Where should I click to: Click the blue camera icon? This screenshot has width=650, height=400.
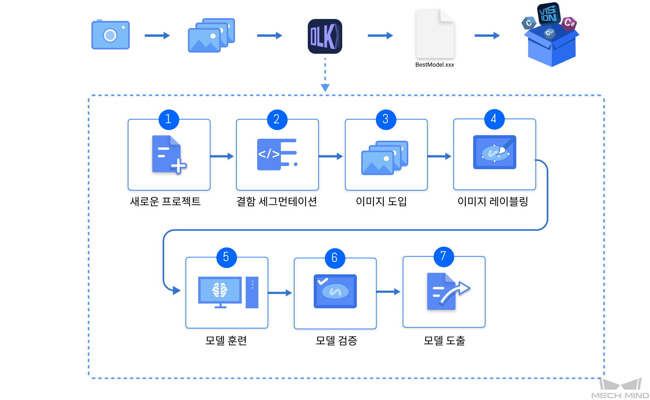coord(110,35)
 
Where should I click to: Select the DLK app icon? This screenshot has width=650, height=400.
coord(325,36)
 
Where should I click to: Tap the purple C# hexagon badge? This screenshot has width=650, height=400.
coord(569,23)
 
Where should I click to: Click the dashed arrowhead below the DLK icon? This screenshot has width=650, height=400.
coord(325,87)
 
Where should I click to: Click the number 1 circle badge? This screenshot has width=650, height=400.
coord(169,119)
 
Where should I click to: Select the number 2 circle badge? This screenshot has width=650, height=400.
coord(277,119)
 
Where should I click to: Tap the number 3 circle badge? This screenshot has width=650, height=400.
coord(385,119)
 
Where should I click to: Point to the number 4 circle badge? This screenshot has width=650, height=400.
coord(494,119)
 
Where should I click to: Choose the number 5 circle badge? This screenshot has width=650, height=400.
coord(226,257)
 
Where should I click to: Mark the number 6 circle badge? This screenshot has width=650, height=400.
coord(335,258)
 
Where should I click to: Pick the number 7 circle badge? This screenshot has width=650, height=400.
coord(443,257)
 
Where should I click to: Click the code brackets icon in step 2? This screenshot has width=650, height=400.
coord(277,155)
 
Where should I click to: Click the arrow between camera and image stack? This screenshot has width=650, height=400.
coord(157,36)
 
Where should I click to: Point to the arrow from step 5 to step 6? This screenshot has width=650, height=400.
coord(280,293)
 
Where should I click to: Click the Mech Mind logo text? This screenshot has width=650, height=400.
coord(620,395)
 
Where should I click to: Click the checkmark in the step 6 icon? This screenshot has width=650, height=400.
coord(323,281)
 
